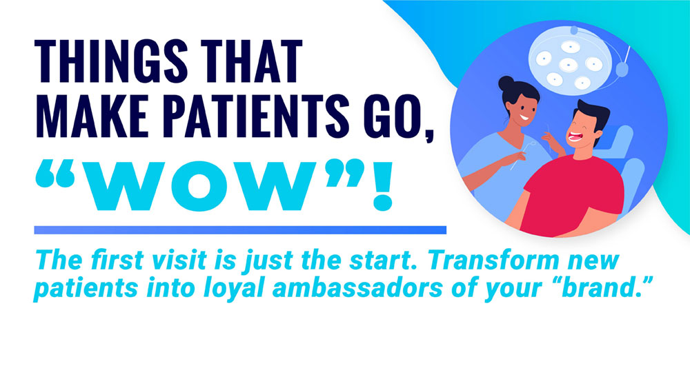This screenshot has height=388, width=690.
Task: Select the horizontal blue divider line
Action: pos(240,229)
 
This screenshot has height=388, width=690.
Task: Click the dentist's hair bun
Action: pos(506,83)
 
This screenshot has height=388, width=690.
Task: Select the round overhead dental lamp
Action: pos(570,61)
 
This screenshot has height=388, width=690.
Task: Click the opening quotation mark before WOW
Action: pos(55,175)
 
